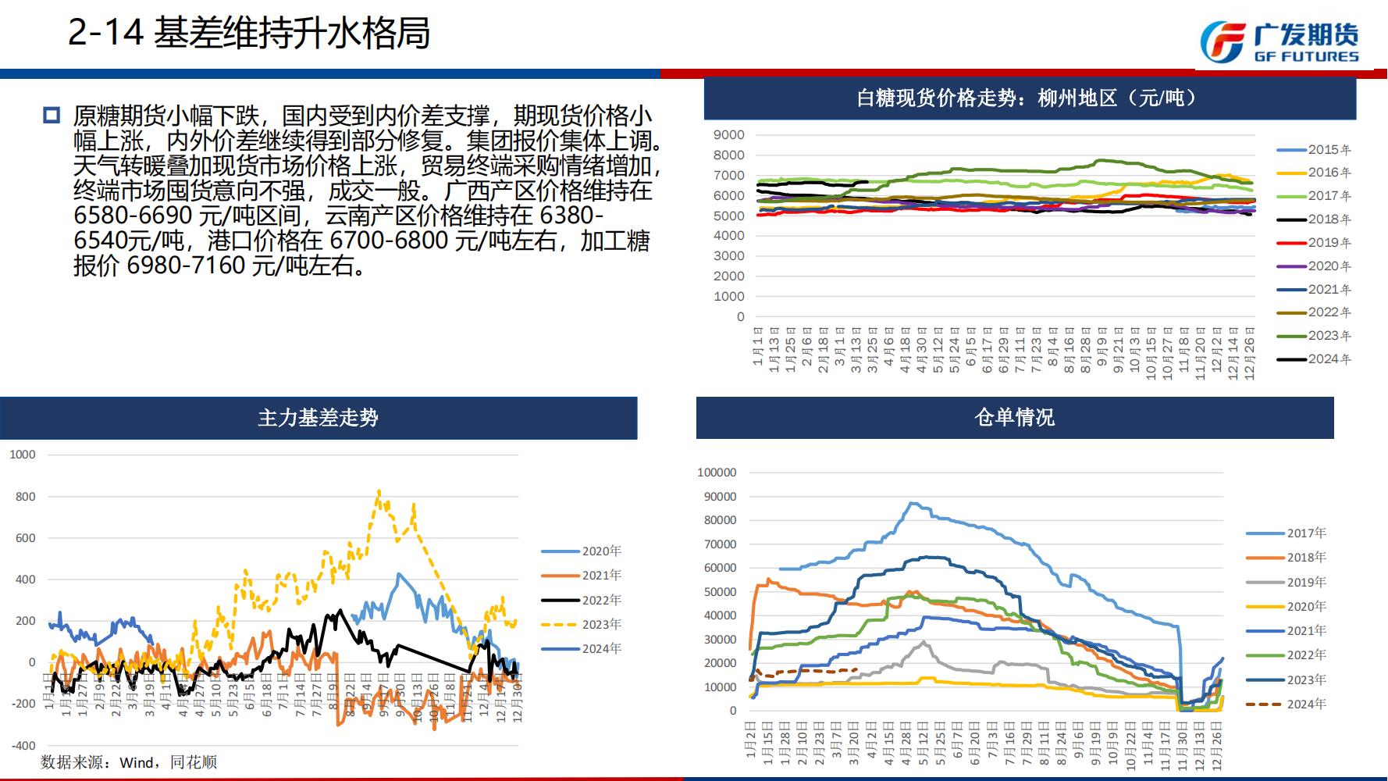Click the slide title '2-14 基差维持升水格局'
(249, 34)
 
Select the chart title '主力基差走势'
(318, 418)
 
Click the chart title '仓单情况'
(1014, 418)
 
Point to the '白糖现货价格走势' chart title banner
(1029, 98)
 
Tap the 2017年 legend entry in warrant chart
(1306, 533)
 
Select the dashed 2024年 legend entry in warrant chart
(1306, 704)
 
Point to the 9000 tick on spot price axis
(729, 135)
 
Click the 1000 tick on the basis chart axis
(23, 455)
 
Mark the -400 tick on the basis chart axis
(23, 745)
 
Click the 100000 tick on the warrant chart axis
(717, 473)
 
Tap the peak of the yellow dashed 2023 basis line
(379, 491)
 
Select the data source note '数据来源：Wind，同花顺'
(129, 761)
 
